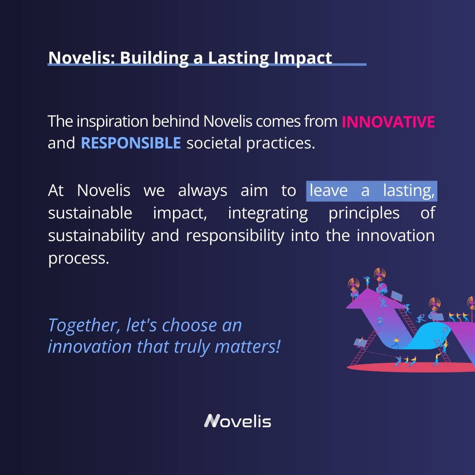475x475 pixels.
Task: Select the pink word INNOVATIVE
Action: pyautogui.click(x=388, y=122)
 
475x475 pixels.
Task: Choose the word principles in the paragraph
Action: pyautogui.click(x=364, y=213)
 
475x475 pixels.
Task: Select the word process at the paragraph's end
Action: pyautogui.click(x=78, y=258)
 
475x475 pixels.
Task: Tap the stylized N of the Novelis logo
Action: pyautogui.click(x=212, y=421)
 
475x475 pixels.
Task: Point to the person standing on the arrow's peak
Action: pyautogui.click(x=367, y=281)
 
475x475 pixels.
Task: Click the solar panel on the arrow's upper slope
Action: pyautogui.click(x=397, y=296)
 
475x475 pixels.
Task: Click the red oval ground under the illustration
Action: pyautogui.click(x=404, y=368)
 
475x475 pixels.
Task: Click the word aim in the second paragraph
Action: pyautogui.click(x=254, y=191)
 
